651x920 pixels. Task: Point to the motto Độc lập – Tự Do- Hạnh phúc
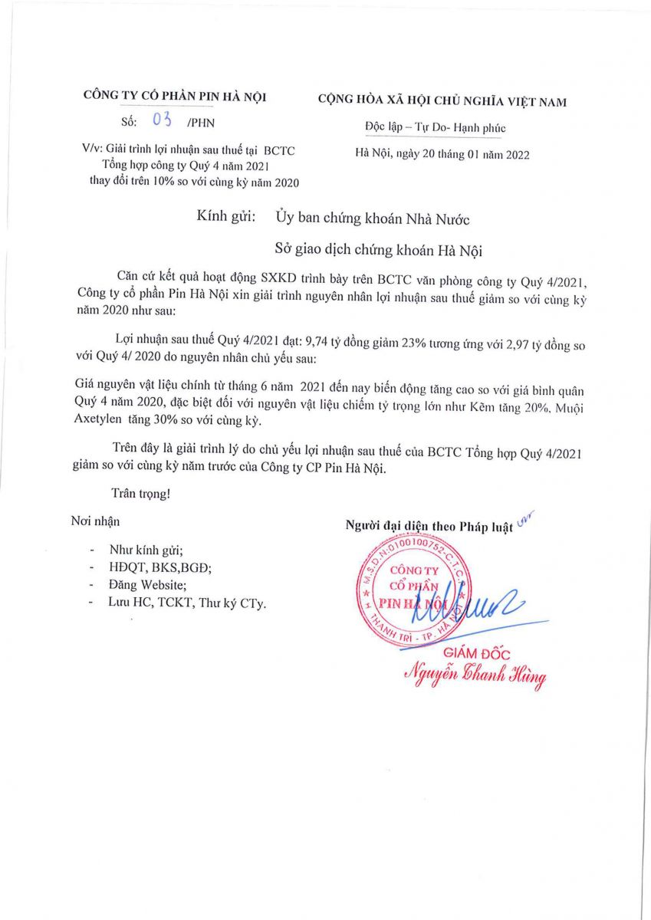(435, 128)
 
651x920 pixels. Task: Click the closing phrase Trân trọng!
(141, 495)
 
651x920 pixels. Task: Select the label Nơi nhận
(95, 521)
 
